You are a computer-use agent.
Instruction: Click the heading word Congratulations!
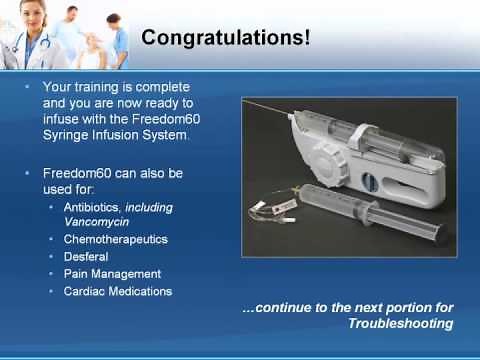pos(225,38)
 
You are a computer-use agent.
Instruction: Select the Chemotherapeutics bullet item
pos(115,240)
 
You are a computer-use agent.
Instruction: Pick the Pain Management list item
pos(111,274)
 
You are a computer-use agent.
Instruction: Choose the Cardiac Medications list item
pos(117,291)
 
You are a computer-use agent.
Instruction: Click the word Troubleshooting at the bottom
pos(400,324)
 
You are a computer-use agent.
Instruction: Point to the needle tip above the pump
pos(247,99)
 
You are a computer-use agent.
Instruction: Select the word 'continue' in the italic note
pos(291,308)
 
